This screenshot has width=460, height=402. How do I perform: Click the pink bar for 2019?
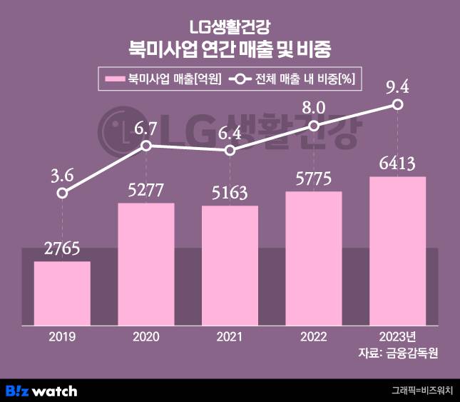[63, 293]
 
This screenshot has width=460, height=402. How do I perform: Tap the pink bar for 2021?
[230, 265]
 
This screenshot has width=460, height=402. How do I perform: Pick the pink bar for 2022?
[314, 258]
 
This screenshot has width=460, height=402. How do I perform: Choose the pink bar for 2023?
[397, 251]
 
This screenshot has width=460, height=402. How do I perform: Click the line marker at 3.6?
[63, 193]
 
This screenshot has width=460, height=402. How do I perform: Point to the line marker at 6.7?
[146, 146]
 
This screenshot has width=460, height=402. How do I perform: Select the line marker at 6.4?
[230, 151]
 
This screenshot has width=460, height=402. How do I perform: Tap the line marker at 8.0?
[314, 126]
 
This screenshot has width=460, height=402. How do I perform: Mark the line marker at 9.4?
[398, 105]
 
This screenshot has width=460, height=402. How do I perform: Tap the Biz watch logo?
[41, 391]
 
